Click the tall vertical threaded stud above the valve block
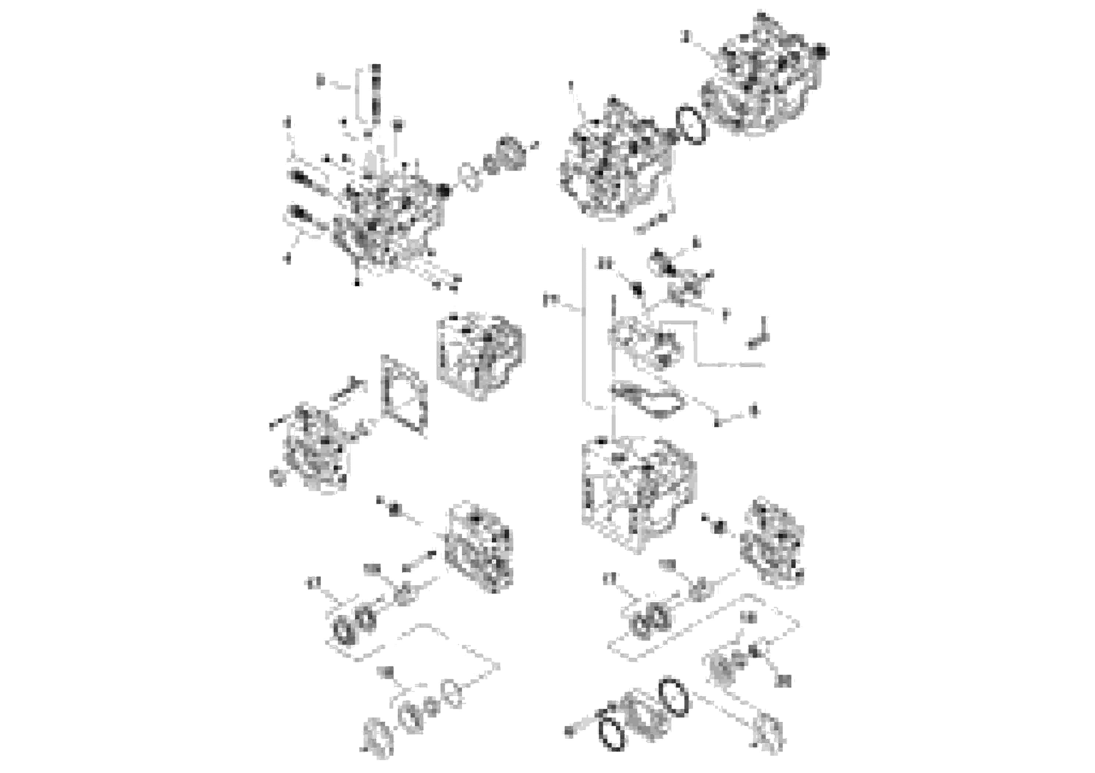pyautogui.click(x=376, y=95)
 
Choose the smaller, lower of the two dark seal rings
pyautogui.click(x=612, y=727)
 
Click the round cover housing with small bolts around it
pyautogui.click(x=315, y=450)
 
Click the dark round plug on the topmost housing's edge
pyautogui.click(x=821, y=50)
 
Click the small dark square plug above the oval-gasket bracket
pyautogui.click(x=637, y=290)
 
